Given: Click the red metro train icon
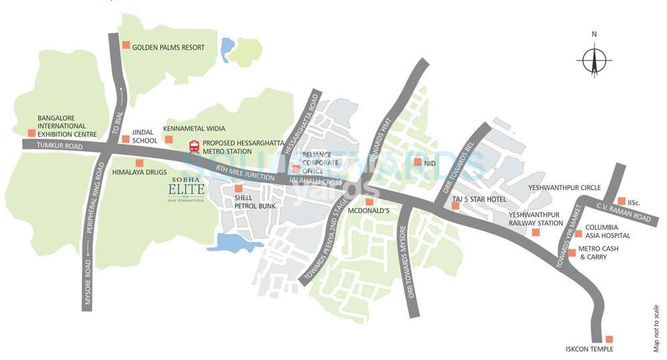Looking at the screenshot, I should pyautogui.click(x=194, y=146).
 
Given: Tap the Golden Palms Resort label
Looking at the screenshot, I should pyautogui.click(x=168, y=47).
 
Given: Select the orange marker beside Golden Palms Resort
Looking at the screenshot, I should pyautogui.click(x=125, y=45).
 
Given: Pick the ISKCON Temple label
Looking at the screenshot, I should pyautogui.click(x=586, y=349).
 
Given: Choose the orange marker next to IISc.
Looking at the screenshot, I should pyautogui.click(x=622, y=201).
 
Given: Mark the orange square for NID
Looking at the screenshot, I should pyautogui.click(x=417, y=162).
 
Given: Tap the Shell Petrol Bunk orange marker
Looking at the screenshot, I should pyautogui.click(x=238, y=189).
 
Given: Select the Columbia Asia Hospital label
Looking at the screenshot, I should pyautogui.click(x=608, y=231).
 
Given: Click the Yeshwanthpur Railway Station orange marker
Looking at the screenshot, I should pyautogui.click(x=536, y=231).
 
